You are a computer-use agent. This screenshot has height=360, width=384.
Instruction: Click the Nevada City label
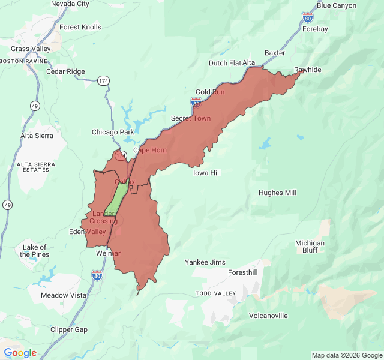coord(70,4)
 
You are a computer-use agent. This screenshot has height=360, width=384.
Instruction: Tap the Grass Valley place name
coord(31,49)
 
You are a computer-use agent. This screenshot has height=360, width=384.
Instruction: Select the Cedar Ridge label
coord(65,71)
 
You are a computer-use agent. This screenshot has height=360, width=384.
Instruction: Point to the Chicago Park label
coord(113,132)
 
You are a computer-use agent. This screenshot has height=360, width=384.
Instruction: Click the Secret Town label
coord(191,118)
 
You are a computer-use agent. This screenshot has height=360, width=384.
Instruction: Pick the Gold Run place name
coord(210,92)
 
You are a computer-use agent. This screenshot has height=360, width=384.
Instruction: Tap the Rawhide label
coord(307,70)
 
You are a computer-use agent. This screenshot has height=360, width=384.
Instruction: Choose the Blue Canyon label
coord(336,5)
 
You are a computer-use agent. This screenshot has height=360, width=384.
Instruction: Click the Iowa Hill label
coord(207,173)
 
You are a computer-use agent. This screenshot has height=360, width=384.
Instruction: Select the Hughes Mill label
coord(277,193)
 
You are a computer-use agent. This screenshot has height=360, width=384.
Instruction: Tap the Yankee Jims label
coord(205,262)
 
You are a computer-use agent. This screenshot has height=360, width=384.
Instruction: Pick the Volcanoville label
coord(268,316)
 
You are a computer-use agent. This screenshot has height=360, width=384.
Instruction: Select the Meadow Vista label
coord(64,295)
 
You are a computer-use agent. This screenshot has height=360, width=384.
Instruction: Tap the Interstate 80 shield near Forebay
coord(307,17)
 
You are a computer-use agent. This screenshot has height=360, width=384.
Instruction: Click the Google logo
coord(20,353)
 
